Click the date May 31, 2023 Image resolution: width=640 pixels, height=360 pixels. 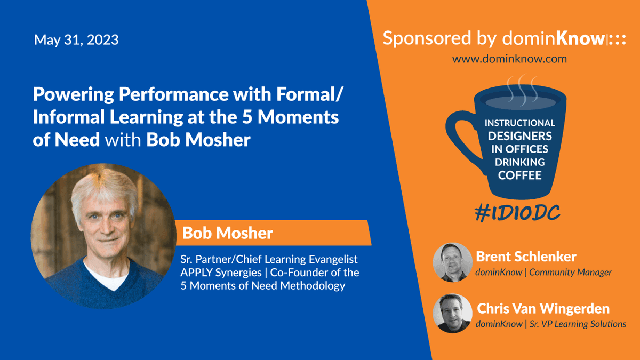pos(76,39)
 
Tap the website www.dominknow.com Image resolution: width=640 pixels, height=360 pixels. pos(509,59)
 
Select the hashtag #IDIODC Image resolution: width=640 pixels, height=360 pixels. pos(517,213)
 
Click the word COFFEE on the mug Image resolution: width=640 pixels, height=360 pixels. pos(519,175)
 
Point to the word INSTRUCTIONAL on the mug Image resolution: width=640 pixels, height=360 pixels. pos(519,123)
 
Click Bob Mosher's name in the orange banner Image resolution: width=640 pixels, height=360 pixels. pos(227,233)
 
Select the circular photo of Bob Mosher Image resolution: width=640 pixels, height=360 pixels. pos(103,236)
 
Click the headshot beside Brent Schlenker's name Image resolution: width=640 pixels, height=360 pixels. pos(453,262)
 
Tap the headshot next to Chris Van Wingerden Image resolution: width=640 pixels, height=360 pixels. pos(453,314)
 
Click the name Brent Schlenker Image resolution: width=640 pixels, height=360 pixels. pos(526,257)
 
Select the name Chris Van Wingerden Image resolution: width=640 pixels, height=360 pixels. pos(543,308)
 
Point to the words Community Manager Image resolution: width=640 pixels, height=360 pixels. pos(570,273)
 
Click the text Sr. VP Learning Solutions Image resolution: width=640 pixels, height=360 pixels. pos(578,324)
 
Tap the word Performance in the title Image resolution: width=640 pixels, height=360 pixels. pos(174,94)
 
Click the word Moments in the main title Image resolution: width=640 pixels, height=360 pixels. pos(298,117)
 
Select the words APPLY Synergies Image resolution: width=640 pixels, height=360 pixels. pos(221,273)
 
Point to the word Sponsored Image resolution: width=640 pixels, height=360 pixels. pos(427,38)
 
